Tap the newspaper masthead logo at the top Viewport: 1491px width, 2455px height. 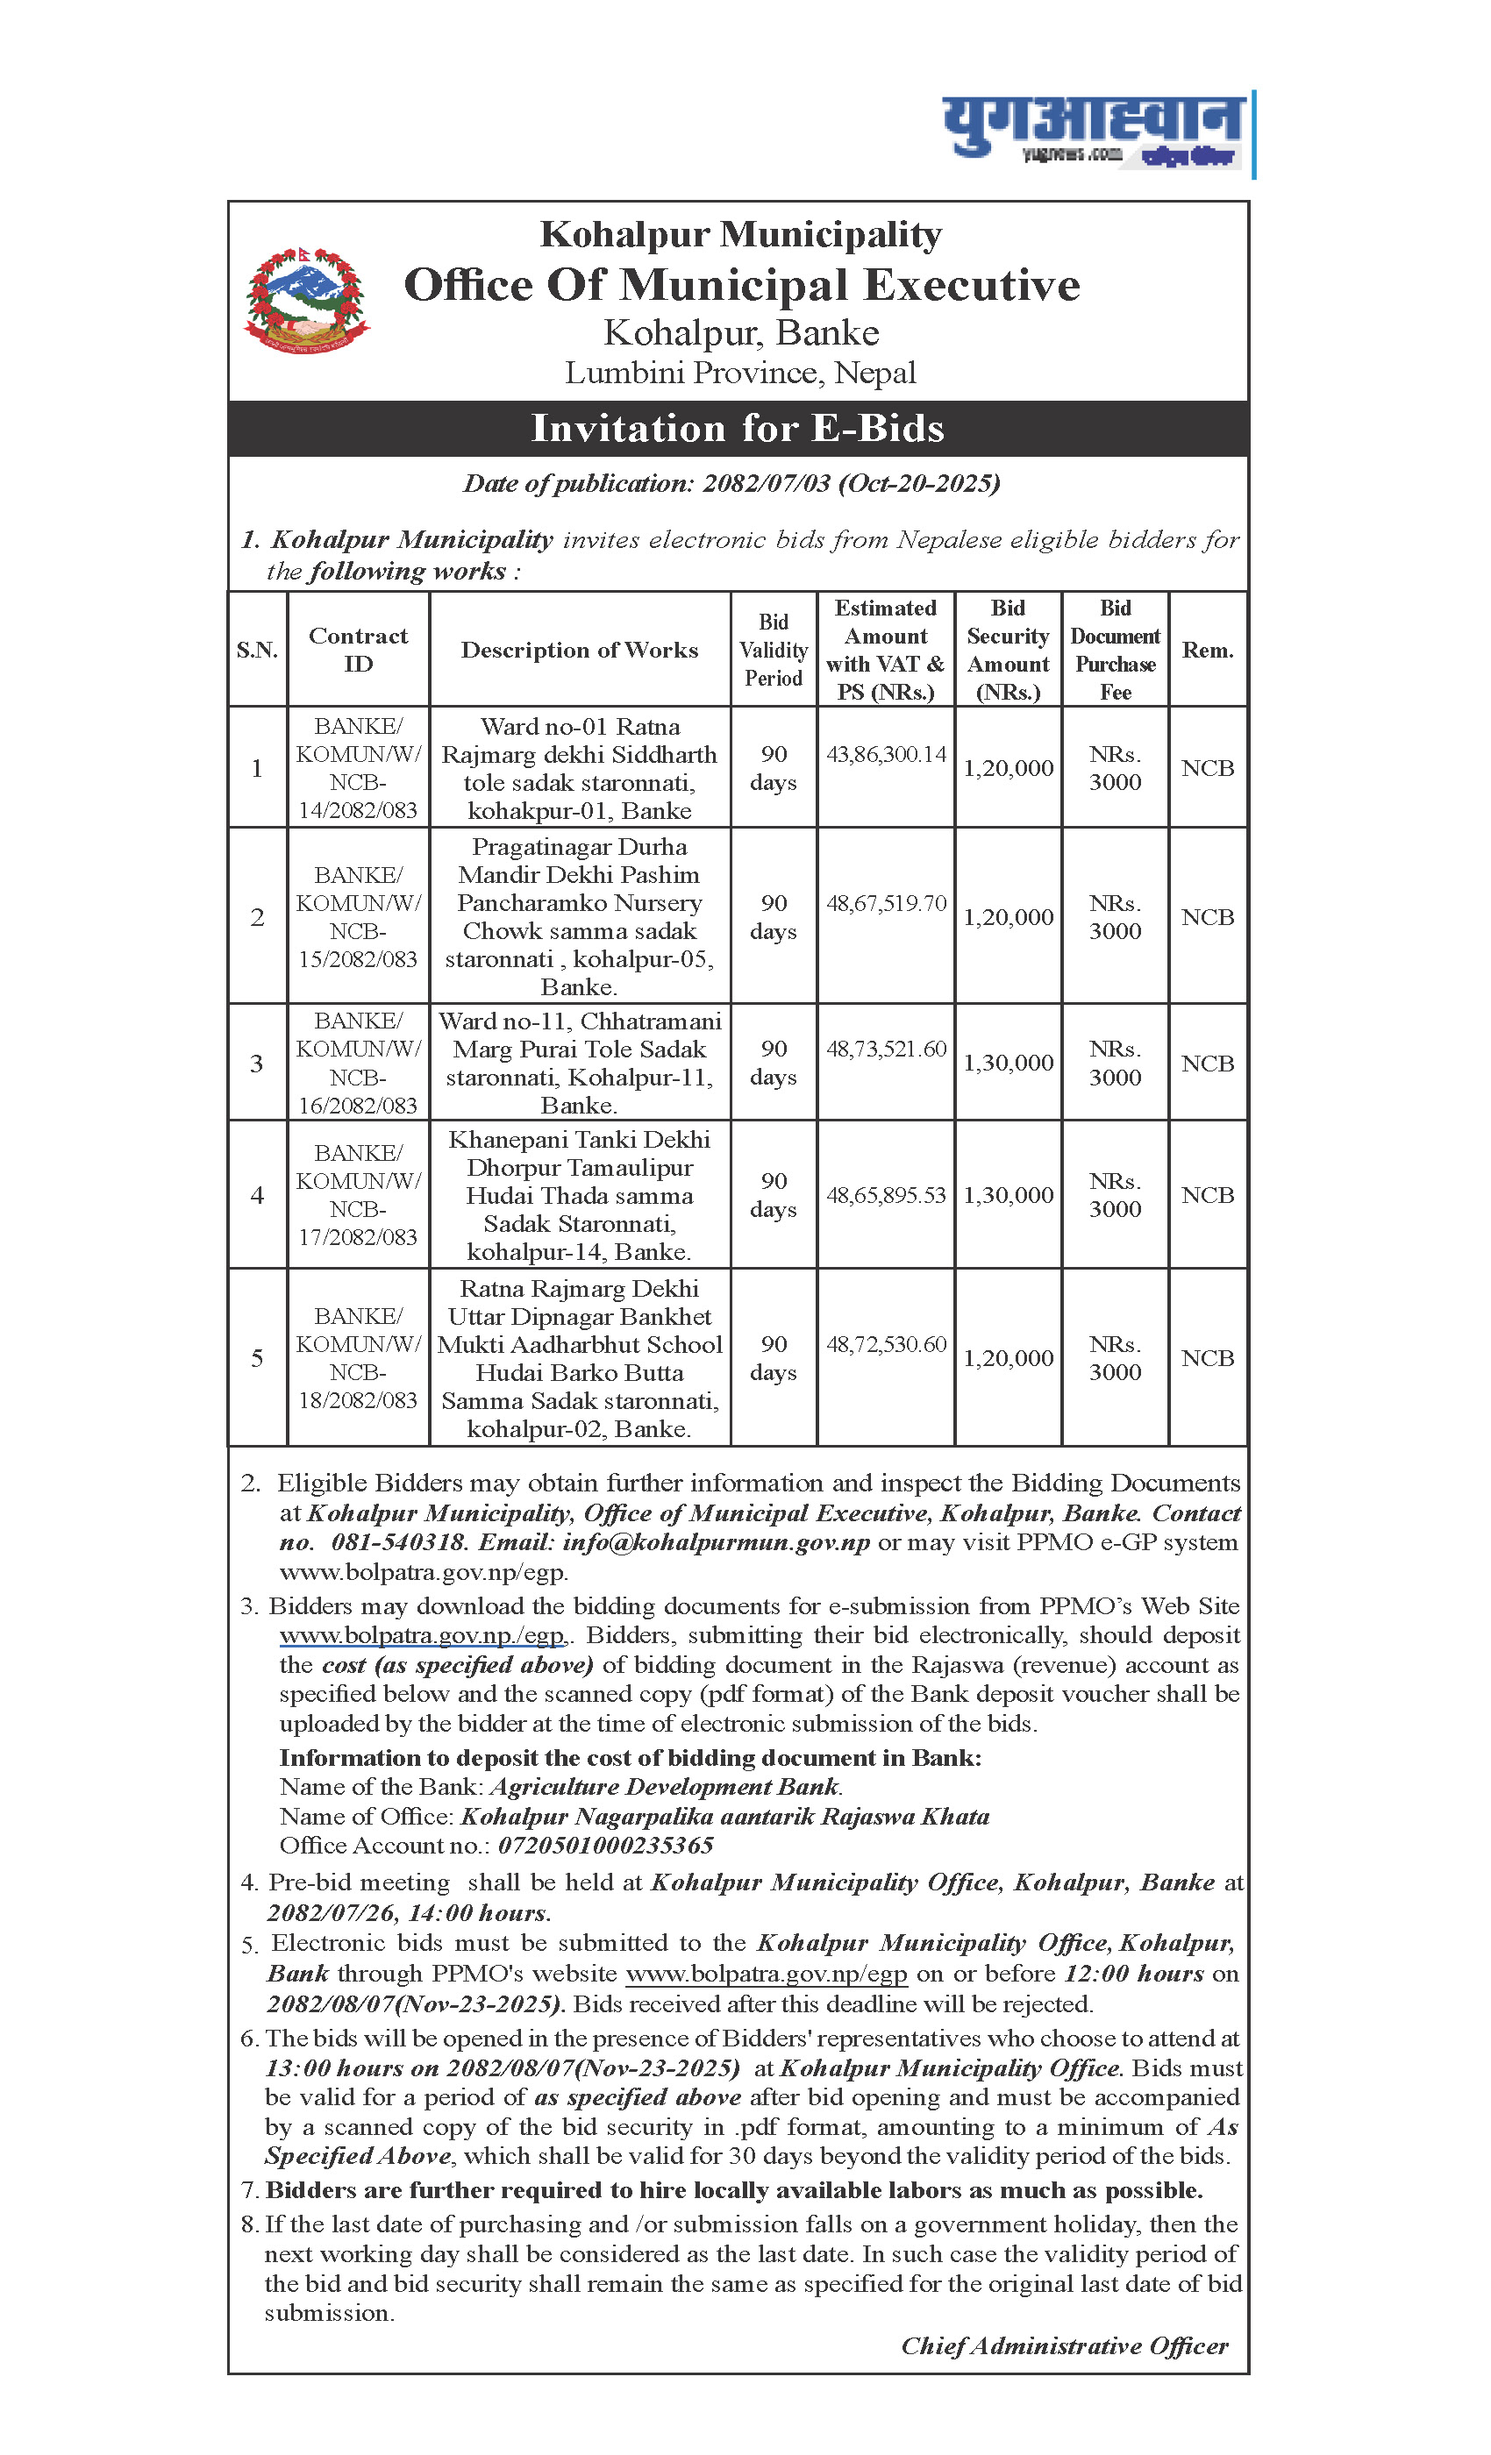coord(1096,131)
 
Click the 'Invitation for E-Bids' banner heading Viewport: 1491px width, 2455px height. coord(738,429)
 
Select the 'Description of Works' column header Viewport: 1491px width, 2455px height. coord(579,650)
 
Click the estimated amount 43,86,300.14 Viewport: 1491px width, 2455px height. coord(886,754)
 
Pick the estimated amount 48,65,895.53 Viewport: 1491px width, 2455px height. coord(886,1194)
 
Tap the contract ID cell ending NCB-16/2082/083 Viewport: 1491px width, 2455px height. coord(358,1063)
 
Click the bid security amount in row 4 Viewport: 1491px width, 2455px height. coord(1008,1194)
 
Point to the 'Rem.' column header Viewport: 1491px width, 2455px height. coord(1207,650)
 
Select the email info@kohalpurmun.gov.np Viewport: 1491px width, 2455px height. coord(716,1542)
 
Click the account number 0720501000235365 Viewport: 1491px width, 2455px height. coord(606,1846)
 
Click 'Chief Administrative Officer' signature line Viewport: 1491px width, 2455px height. coord(1065,2345)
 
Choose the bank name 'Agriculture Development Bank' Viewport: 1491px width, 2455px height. coord(665,1787)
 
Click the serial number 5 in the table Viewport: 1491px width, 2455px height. coord(257,1358)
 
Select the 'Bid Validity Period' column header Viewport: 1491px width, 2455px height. coord(774,650)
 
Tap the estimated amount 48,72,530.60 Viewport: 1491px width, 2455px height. coord(886,1344)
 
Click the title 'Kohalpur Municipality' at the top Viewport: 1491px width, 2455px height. coord(740,235)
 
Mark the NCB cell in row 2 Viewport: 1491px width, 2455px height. coord(1207,916)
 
